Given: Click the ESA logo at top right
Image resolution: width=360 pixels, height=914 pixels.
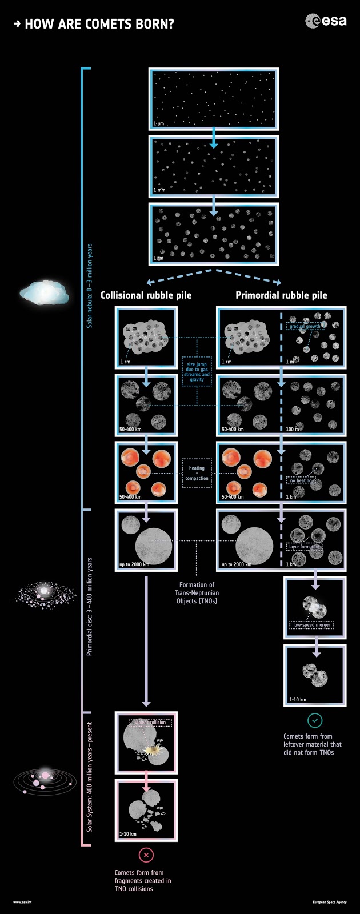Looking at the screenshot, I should [x=326, y=22].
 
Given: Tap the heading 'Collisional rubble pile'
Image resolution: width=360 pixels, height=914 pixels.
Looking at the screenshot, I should [x=146, y=295].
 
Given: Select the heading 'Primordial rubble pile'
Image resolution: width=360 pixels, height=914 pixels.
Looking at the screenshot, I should [x=281, y=295].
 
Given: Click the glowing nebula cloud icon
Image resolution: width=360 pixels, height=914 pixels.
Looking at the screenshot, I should [x=45, y=293].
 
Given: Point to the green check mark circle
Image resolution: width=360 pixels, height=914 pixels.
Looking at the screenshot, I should [x=315, y=720].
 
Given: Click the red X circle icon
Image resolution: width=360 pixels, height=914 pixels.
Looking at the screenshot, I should [x=146, y=855].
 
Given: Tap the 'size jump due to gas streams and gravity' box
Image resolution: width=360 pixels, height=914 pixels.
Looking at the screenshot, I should [x=197, y=372].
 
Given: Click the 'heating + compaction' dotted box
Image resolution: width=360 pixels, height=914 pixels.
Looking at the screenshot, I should [x=197, y=473].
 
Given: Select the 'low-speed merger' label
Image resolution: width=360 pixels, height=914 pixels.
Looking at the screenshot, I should [x=311, y=625].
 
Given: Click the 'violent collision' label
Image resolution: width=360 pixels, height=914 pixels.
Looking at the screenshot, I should [x=150, y=723].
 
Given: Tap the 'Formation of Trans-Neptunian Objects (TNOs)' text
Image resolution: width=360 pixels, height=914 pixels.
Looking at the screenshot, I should [x=197, y=592].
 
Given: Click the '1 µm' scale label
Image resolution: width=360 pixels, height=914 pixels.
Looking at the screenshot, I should [x=159, y=123].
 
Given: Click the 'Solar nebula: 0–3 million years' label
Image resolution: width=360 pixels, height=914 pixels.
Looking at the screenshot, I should [x=90, y=286].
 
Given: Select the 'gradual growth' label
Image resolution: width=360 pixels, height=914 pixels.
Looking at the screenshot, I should [x=305, y=327].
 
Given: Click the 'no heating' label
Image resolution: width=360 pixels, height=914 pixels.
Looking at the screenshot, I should [x=301, y=480].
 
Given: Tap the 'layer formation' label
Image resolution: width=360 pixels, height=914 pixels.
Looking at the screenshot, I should [x=303, y=547].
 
